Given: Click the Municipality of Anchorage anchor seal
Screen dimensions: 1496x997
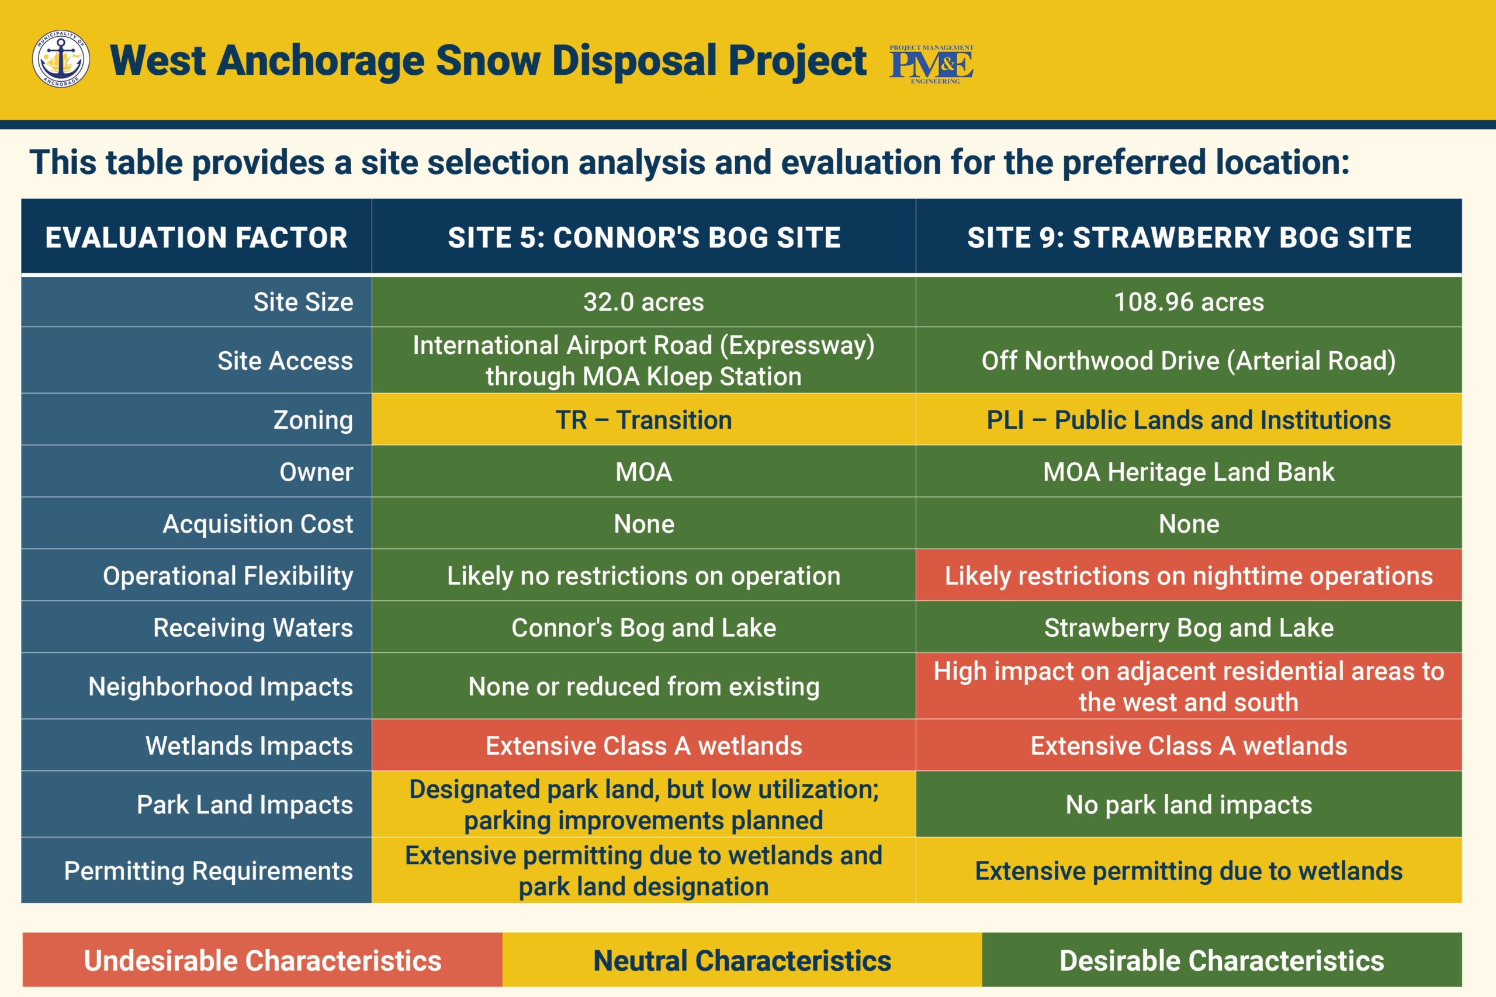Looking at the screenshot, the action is tap(60, 58).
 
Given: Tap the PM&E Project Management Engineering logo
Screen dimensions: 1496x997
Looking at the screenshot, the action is tap(931, 64).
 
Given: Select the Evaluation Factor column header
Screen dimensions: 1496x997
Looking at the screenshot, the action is tap(196, 237).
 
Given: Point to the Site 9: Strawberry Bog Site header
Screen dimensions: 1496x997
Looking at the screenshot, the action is tap(1189, 237).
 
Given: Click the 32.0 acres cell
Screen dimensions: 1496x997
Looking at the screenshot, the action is tap(643, 301).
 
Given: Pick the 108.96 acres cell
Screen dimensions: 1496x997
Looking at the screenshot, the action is tap(1189, 301).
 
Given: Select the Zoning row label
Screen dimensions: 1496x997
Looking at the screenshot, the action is tap(196, 420).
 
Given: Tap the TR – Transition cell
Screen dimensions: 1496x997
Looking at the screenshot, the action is tap(643, 420).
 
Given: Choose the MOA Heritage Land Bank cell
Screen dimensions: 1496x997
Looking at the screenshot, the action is tap(1189, 471).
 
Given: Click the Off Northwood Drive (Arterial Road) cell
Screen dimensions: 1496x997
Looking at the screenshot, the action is tap(1189, 360).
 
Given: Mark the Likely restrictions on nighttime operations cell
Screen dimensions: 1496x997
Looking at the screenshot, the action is tap(1189, 575).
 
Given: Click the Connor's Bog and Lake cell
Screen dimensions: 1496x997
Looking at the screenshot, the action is tap(643, 627).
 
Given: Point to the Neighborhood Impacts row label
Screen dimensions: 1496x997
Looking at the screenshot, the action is tap(196, 686).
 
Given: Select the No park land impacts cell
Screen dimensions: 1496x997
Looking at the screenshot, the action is tap(1189, 804).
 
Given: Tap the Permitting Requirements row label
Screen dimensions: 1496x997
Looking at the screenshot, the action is tap(196, 870).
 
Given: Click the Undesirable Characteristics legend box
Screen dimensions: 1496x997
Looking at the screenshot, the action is tap(263, 960).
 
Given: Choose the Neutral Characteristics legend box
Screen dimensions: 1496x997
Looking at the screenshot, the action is tap(742, 960).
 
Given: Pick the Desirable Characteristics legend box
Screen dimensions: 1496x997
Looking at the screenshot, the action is tap(1222, 960).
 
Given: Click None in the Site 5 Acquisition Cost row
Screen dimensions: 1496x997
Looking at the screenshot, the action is tap(643, 523).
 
